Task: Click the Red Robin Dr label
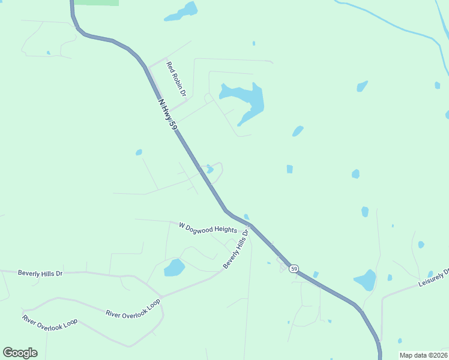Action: (177, 79)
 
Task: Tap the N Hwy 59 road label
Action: (168, 115)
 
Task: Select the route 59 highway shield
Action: (294, 269)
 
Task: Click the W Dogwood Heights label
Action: (208, 228)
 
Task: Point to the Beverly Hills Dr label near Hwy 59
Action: (235, 251)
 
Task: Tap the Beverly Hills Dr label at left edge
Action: (40, 274)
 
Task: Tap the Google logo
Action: (20, 353)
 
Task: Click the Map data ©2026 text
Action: (423, 355)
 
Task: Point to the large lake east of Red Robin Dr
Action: (246, 100)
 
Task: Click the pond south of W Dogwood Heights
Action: (174, 268)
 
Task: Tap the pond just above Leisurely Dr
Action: (365, 280)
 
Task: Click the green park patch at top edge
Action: (96, 2)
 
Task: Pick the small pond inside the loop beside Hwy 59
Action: (209, 169)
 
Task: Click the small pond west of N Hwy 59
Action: (139, 152)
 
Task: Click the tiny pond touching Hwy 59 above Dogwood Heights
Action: (247, 217)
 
